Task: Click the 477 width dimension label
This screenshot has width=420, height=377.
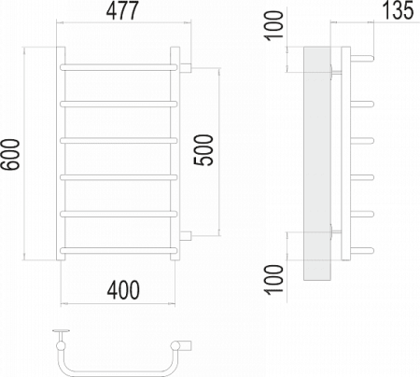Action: point(122,10)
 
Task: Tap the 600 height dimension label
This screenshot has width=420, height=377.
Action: point(10,155)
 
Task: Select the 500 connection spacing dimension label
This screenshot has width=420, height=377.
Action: point(203,150)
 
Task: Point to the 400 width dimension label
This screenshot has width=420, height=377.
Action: point(123,290)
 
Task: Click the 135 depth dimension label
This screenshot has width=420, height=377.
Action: point(398,10)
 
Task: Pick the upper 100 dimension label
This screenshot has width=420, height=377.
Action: point(273,26)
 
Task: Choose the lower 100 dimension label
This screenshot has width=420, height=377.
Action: point(273,279)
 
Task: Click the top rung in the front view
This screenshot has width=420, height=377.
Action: point(119,67)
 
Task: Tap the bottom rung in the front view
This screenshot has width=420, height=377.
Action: point(119,250)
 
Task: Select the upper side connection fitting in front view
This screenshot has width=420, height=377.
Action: point(186,68)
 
